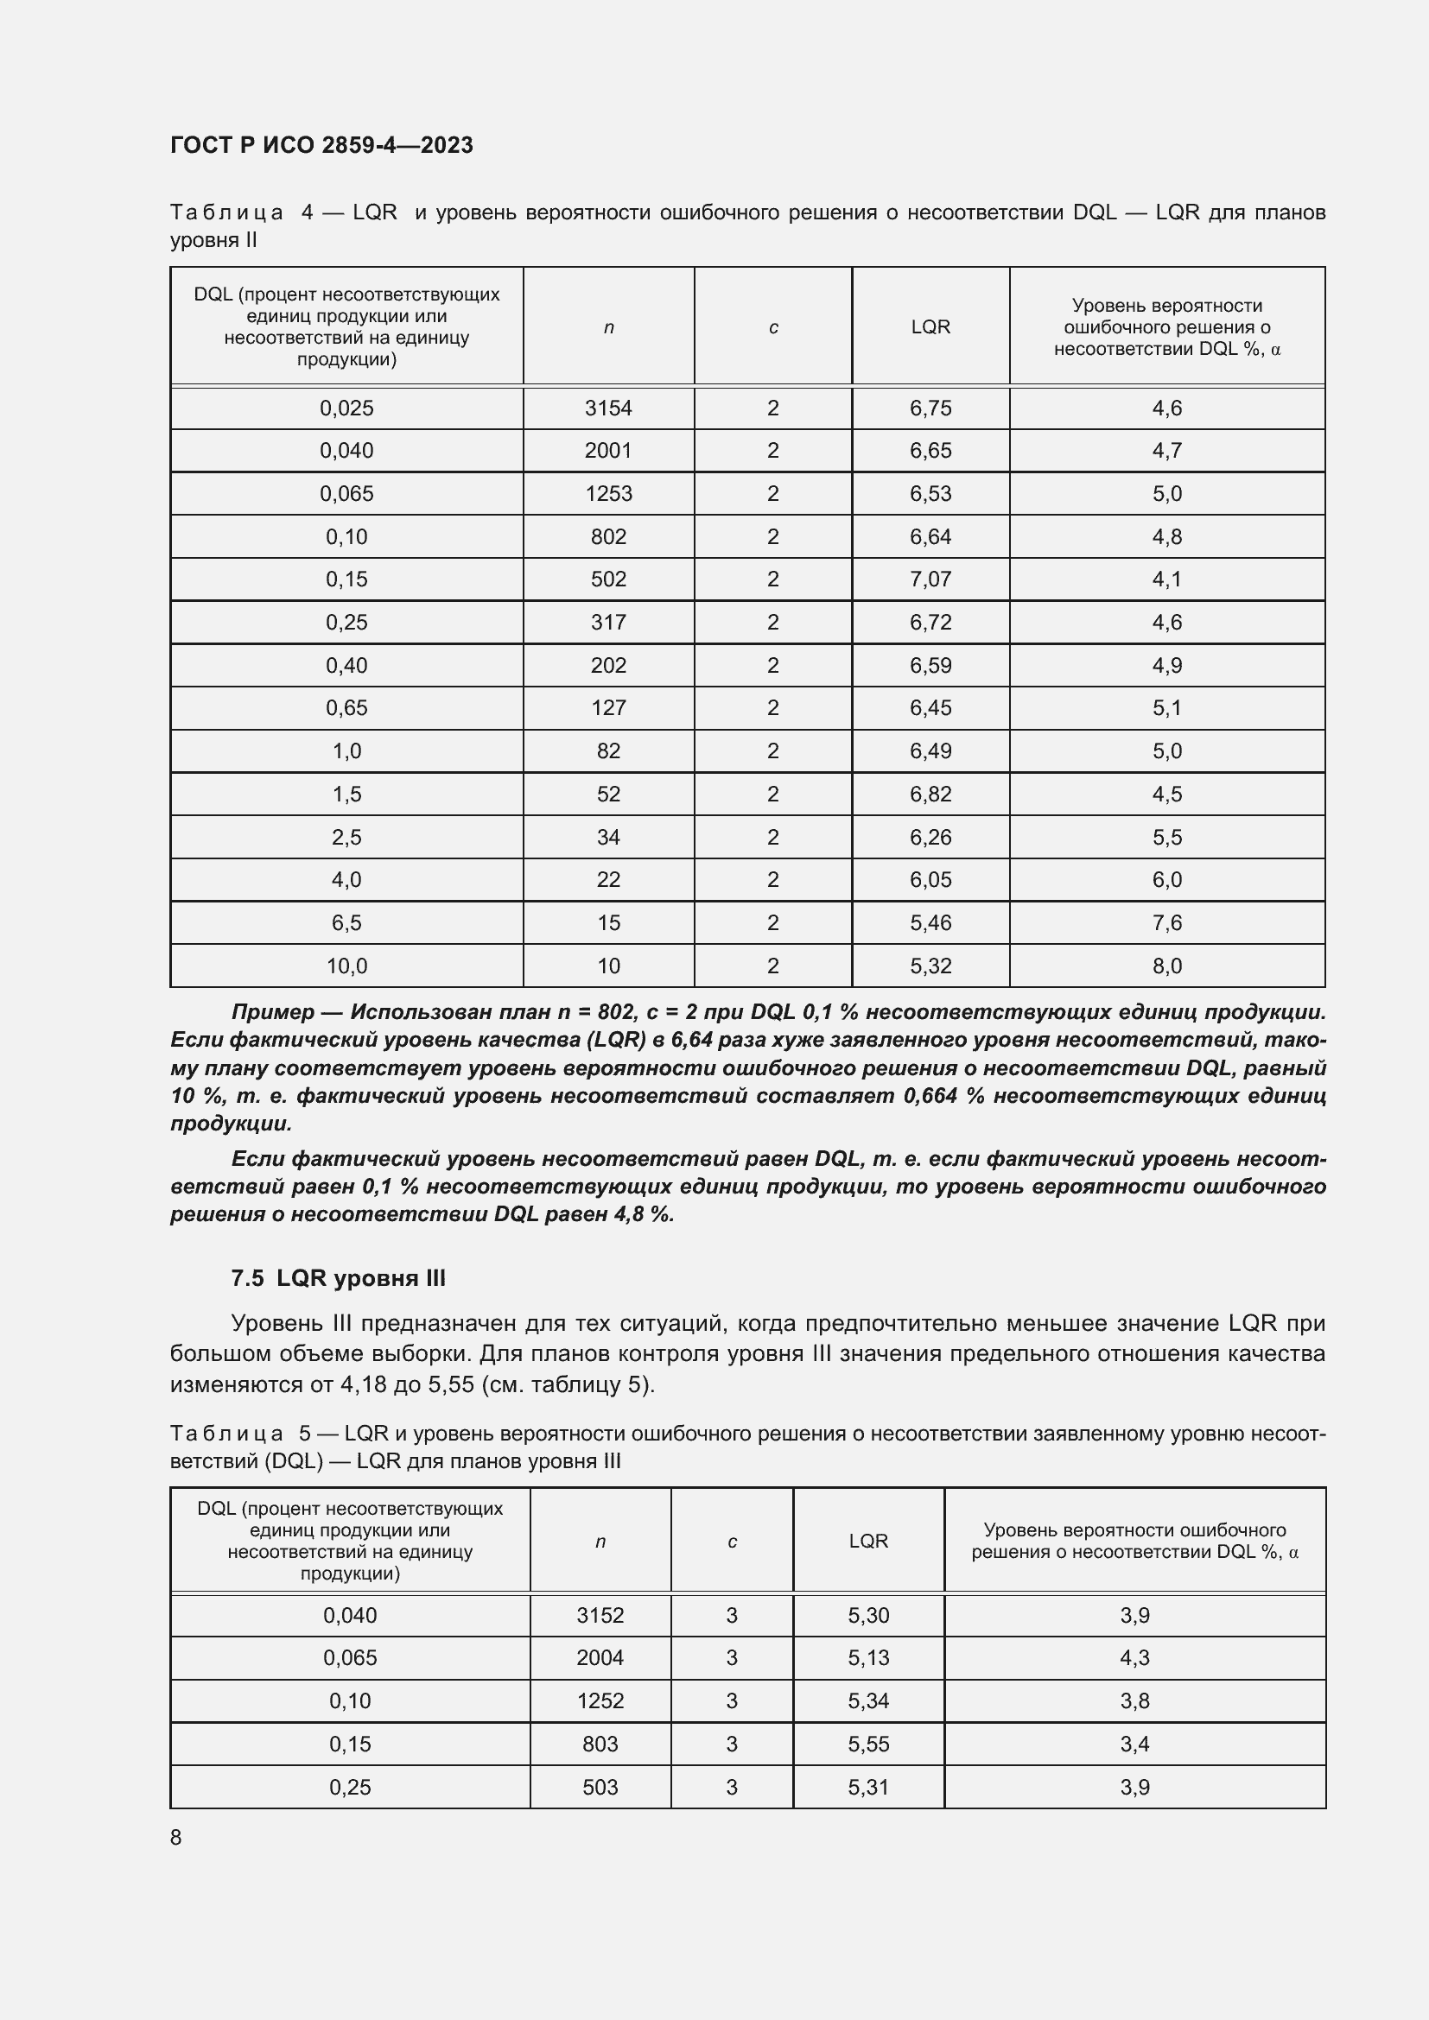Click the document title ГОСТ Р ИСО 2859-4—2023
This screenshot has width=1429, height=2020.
click(321, 145)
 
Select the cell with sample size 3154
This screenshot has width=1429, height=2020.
click(608, 408)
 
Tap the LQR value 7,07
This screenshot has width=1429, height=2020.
click(930, 579)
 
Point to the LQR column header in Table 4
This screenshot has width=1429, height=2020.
click(930, 326)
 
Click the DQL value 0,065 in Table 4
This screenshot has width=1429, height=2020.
click(346, 494)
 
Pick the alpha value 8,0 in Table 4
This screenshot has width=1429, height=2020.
click(1166, 966)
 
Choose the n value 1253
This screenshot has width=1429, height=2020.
click(608, 494)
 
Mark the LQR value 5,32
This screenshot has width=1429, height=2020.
click(930, 966)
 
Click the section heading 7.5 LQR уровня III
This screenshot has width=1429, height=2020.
click(338, 1277)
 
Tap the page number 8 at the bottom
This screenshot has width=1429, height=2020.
click(176, 1837)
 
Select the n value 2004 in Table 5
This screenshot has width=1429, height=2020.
click(600, 1657)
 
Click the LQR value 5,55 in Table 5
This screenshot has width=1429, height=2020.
click(868, 1744)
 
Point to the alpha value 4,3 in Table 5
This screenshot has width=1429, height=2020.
click(1134, 1657)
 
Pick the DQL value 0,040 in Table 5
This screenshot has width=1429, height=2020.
click(350, 1615)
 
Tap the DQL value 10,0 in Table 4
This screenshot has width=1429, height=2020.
click(346, 966)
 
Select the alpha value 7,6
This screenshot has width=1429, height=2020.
click(1166, 923)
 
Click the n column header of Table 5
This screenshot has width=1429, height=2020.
click(600, 1542)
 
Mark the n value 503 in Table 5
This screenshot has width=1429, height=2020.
click(600, 1787)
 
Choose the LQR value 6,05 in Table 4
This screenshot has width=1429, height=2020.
click(930, 880)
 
